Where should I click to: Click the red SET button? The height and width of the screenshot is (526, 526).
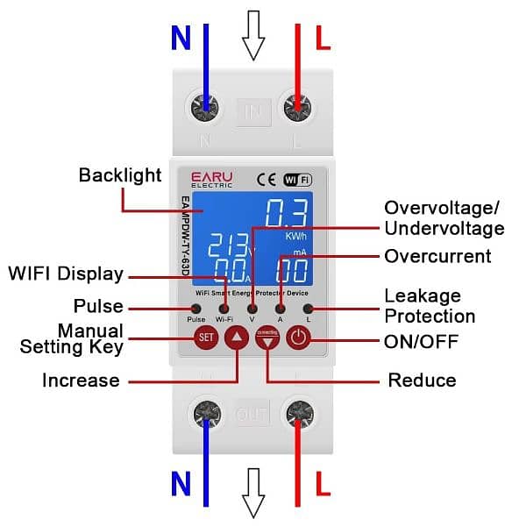206,338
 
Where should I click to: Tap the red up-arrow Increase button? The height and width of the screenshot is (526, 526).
238,338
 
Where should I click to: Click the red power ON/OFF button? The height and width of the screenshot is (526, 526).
299,338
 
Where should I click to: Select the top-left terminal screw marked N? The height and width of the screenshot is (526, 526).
206,111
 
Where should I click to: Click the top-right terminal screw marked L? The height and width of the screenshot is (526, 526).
299,111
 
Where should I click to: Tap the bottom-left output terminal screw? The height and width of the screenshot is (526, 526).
207,413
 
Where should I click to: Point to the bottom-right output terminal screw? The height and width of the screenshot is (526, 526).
300,413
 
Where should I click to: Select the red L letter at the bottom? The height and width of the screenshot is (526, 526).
322,484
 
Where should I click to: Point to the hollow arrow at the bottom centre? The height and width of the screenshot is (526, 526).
253,493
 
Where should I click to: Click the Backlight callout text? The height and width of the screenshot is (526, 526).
120,175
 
